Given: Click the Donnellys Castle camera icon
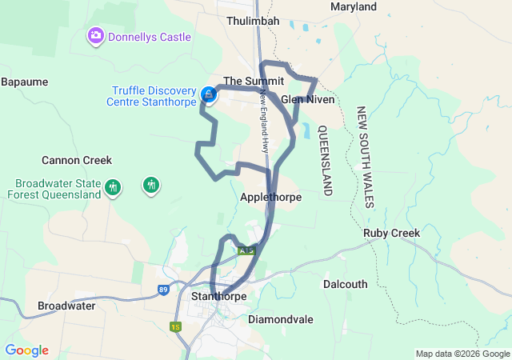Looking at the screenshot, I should click(96, 36).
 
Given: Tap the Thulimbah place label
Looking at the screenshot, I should click(252, 21).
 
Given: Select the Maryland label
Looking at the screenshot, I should click(353, 7).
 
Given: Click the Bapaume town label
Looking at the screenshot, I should click(25, 82).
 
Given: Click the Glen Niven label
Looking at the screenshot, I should click(307, 99).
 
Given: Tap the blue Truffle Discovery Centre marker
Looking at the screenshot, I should click(208, 95).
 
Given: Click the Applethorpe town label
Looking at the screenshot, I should click(270, 196).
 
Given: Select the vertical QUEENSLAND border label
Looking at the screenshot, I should click(326, 161).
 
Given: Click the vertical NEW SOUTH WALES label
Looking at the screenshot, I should click(365, 157).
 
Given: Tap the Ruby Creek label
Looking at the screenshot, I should click(392, 234).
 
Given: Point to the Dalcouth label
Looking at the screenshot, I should click(346, 284).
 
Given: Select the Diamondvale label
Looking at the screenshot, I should click(281, 318).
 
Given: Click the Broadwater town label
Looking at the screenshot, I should click(71, 306).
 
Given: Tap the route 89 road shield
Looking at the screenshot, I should click(163, 290).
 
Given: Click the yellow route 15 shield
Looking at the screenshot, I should click(175, 326).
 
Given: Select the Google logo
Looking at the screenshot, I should click(26, 350).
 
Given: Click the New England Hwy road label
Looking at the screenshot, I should click(263, 120).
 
